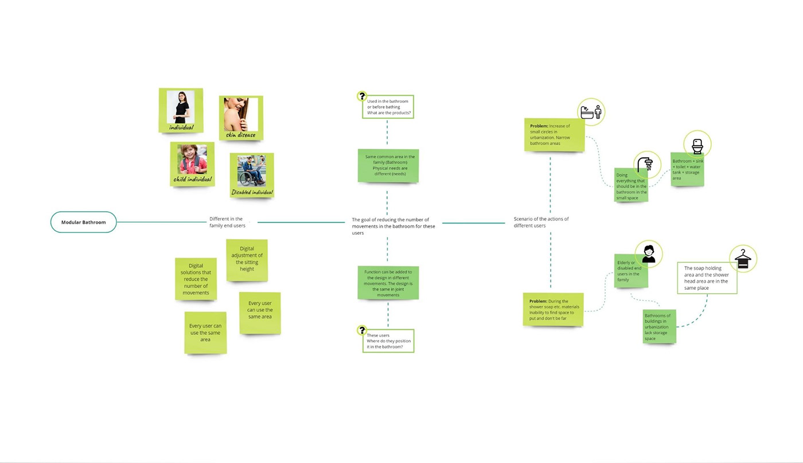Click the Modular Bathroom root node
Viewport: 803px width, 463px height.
point(83,222)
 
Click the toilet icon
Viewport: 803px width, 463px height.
point(697,145)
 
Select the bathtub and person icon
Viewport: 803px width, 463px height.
point(591,112)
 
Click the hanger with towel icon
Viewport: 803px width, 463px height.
point(743,259)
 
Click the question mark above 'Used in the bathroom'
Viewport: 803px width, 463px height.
point(362,96)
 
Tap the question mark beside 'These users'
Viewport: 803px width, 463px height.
point(362,330)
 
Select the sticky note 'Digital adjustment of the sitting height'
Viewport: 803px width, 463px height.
point(247,260)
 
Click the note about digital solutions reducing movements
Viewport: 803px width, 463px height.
point(196,279)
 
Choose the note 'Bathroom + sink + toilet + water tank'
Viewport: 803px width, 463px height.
point(687,170)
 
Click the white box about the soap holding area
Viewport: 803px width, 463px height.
point(707,278)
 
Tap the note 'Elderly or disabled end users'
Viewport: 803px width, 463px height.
point(630,271)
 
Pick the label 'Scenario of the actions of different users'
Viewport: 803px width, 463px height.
point(541,222)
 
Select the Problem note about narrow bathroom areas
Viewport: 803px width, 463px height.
point(555,135)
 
